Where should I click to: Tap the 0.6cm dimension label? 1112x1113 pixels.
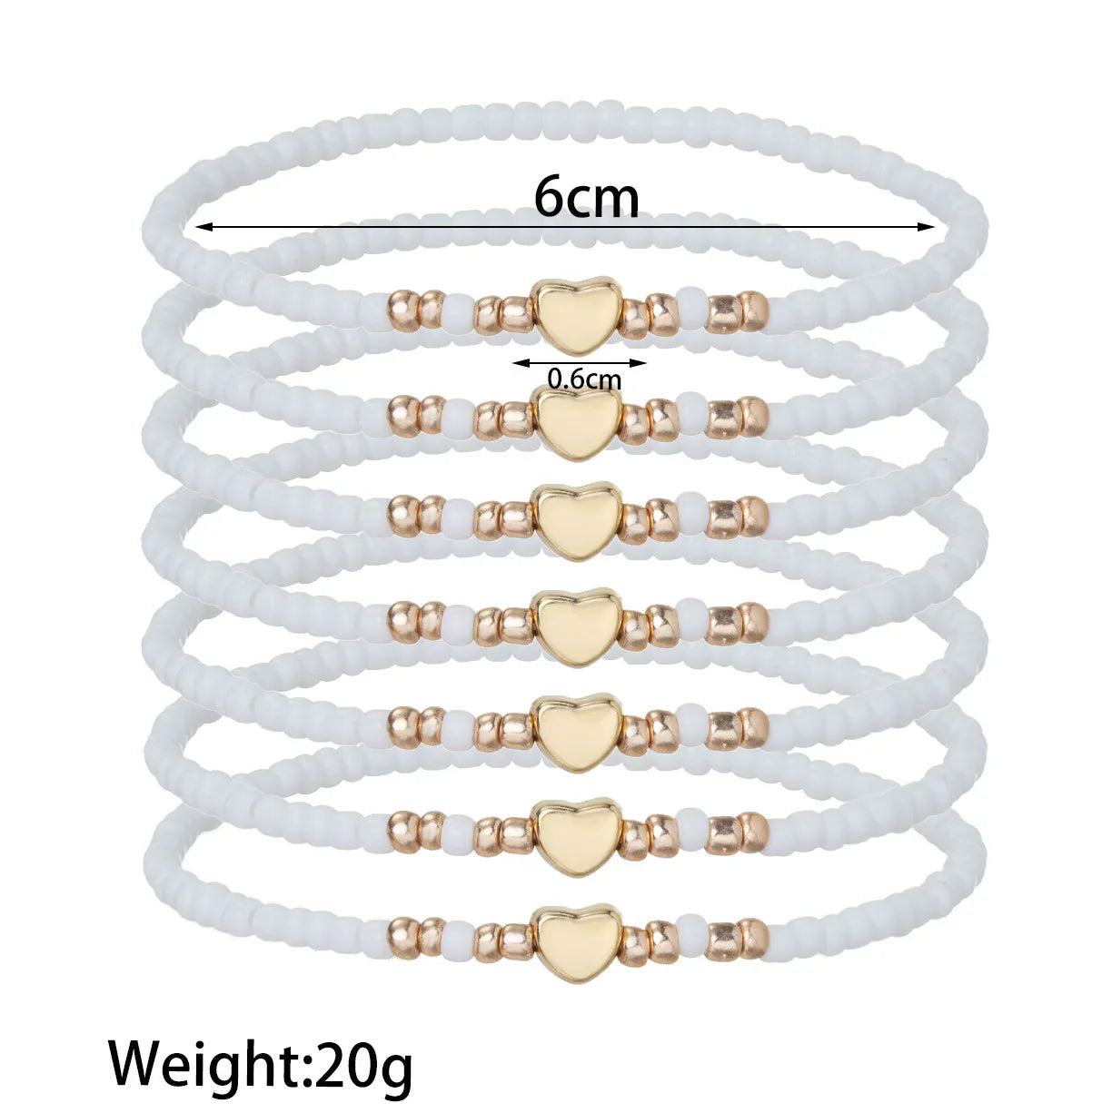point(584,379)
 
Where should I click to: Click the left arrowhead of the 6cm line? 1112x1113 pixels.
point(203,227)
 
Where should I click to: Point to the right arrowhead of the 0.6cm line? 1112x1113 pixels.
point(639,363)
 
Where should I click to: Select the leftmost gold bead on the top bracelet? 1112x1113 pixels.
point(402,311)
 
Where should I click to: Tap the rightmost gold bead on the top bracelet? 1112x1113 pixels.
point(755,311)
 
